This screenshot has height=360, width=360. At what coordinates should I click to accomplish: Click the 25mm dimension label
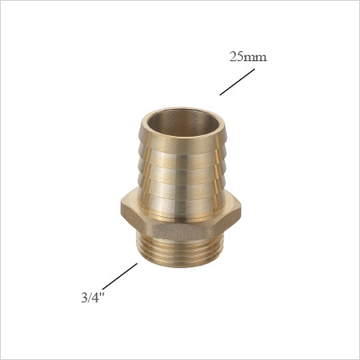click(247, 57)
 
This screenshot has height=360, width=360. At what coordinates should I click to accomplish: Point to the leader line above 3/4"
click(120, 275)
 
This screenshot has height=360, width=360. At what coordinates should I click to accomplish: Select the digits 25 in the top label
click(238, 57)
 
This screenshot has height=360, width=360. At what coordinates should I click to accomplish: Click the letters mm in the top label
click(256, 58)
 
